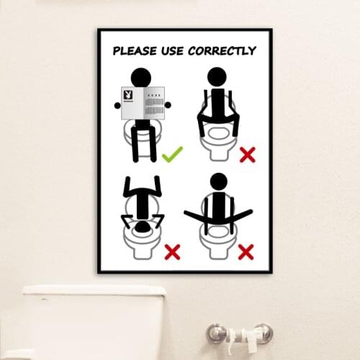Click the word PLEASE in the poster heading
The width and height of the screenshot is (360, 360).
point(137,51)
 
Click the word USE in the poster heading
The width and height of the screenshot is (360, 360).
point(174,51)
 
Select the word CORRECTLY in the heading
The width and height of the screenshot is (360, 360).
point(222,51)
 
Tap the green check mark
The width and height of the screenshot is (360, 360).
point(172,154)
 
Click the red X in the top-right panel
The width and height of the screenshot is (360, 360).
point(247,154)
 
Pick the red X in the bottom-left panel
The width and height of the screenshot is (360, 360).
point(172,251)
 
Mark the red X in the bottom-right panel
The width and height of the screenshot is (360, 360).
point(246,251)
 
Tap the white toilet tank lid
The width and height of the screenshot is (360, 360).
point(94,292)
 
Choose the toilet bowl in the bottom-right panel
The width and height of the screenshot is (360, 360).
point(217,245)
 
